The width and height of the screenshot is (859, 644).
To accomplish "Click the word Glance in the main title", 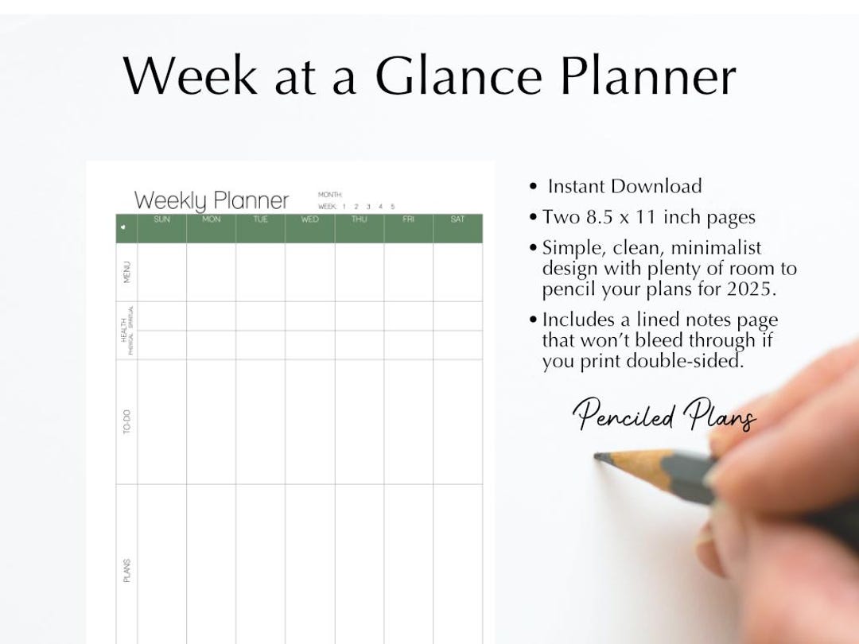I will [459, 76].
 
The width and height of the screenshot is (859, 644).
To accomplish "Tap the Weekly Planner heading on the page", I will [212, 200].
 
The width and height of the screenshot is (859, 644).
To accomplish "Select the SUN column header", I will [161, 219].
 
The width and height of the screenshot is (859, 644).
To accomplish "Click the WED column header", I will [309, 219].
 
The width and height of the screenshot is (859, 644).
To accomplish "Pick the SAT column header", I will [457, 219].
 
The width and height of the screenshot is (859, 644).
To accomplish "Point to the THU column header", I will [359, 219].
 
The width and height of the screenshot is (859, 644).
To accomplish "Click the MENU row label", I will [126, 272].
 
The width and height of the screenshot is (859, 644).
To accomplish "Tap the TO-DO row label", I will [126, 422].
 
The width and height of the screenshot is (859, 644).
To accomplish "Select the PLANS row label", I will [126, 570].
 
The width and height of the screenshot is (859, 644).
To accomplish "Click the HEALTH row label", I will [123, 330].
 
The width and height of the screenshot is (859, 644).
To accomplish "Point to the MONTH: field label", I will [330, 195].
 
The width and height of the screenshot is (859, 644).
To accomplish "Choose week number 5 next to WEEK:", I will [392, 207].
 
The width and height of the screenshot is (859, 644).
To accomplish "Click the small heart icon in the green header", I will [123, 227].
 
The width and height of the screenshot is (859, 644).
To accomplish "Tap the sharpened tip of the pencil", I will [598, 456].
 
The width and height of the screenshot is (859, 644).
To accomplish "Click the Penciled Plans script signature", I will [664, 415].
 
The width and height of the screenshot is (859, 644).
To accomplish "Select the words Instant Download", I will [624, 187].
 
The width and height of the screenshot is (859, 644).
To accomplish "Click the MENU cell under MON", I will [212, 272].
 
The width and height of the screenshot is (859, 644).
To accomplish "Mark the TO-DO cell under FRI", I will [408, 422].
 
